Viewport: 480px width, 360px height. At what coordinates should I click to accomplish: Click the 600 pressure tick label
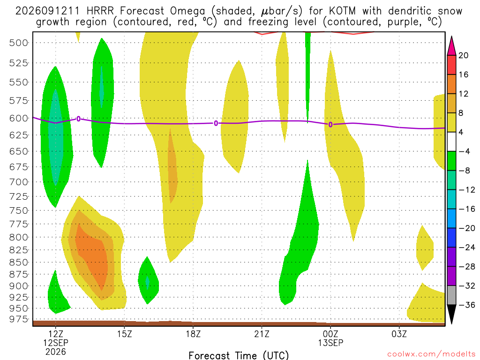(x=18, y=119)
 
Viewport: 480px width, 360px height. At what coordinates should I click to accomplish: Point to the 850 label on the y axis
(x=18, y=262)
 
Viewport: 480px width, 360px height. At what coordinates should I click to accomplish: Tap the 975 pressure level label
(x=18, y=319)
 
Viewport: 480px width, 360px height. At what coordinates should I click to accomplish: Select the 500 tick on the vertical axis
(x=18, y=43)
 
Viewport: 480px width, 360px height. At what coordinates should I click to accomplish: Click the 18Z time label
(x=193, y=334)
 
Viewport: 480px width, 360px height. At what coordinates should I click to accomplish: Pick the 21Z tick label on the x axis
(x=262, y=334)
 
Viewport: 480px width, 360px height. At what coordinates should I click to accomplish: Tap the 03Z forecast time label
(x=399, y=334)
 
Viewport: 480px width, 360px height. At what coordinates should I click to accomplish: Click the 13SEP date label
(x=330, y=343)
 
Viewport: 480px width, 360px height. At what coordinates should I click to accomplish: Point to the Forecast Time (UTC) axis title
(x=239, y=355)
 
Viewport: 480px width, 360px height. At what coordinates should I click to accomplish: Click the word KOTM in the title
(x=343, y=11)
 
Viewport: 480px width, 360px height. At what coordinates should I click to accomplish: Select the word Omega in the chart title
(x=187, y=12)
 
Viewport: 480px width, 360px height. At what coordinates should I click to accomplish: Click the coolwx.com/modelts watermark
(x=431, y=354)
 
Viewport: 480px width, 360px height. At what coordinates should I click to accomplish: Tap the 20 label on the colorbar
(x=464, y=55)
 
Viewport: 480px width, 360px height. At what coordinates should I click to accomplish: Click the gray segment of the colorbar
(x=451, y=295)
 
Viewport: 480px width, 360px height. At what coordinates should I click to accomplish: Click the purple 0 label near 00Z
(x=330, y=125)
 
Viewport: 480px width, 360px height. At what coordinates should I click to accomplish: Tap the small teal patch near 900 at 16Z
(x=148, y=282)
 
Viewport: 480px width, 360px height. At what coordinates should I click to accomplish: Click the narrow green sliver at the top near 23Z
(x=307, y=76)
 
